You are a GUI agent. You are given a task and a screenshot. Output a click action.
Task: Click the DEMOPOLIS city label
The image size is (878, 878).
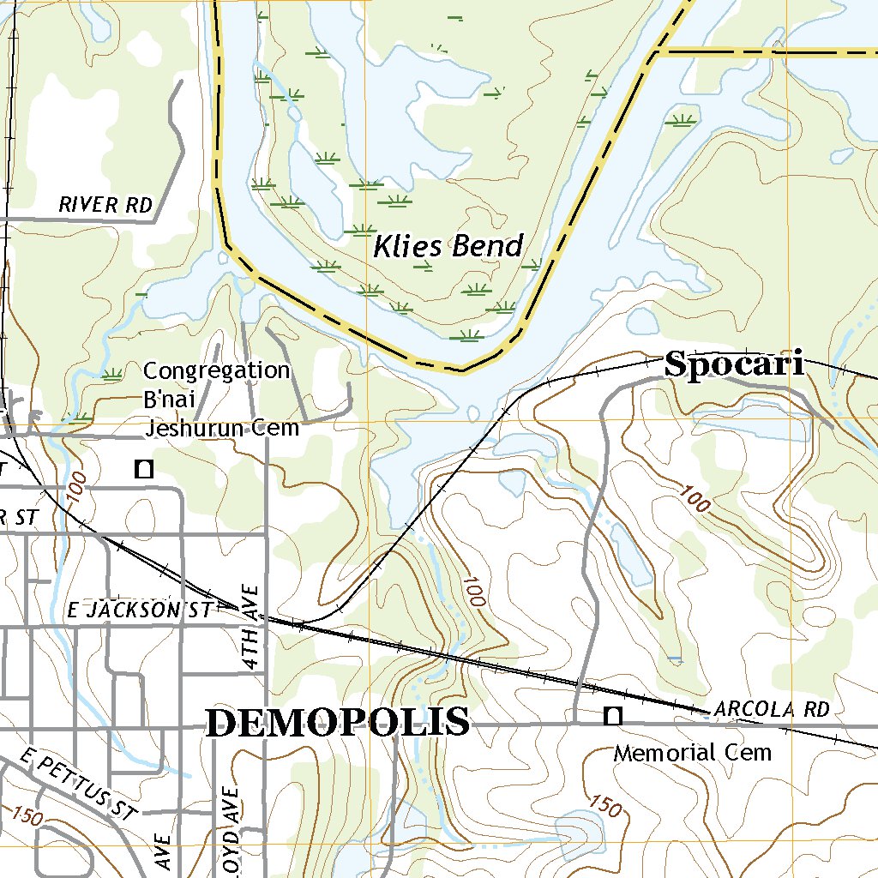338,722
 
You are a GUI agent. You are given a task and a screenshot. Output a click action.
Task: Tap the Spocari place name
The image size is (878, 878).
735,365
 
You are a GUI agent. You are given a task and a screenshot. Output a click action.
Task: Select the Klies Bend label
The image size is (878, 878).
448,247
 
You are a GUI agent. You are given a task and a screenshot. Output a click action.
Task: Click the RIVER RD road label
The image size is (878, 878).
105,205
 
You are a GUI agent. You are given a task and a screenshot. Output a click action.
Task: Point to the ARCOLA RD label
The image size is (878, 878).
771,710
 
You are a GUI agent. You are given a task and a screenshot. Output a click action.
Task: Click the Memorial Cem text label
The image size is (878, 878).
692,753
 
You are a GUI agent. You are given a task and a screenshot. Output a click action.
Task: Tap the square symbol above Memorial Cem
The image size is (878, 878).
612,714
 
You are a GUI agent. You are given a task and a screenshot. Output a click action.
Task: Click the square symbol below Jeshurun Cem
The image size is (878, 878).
144,468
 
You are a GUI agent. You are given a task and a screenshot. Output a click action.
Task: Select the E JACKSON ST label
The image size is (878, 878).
139,610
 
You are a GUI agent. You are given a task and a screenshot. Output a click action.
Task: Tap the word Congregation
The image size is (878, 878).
216,370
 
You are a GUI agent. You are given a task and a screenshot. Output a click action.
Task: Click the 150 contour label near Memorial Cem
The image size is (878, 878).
605,805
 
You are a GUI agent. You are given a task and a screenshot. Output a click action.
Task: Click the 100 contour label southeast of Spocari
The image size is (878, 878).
695,500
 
